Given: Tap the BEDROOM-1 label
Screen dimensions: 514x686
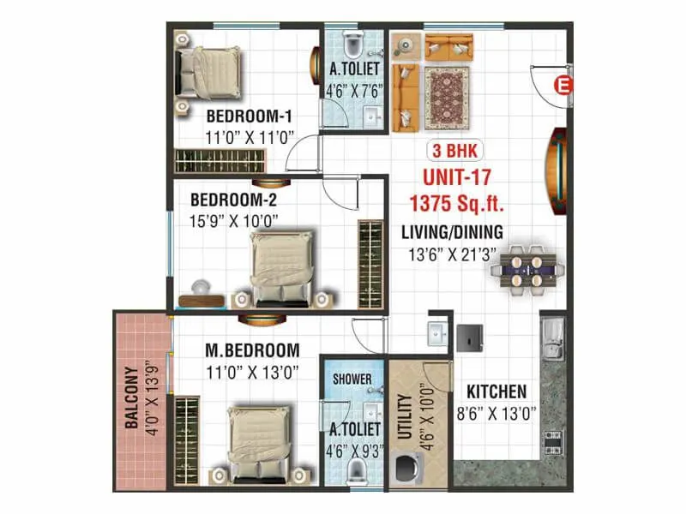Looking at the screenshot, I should click(250, 116).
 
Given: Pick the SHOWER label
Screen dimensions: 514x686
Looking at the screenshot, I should click(352, 379).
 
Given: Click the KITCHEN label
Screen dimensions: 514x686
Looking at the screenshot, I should click(496, 391).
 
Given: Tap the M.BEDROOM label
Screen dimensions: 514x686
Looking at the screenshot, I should click(252, 350).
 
